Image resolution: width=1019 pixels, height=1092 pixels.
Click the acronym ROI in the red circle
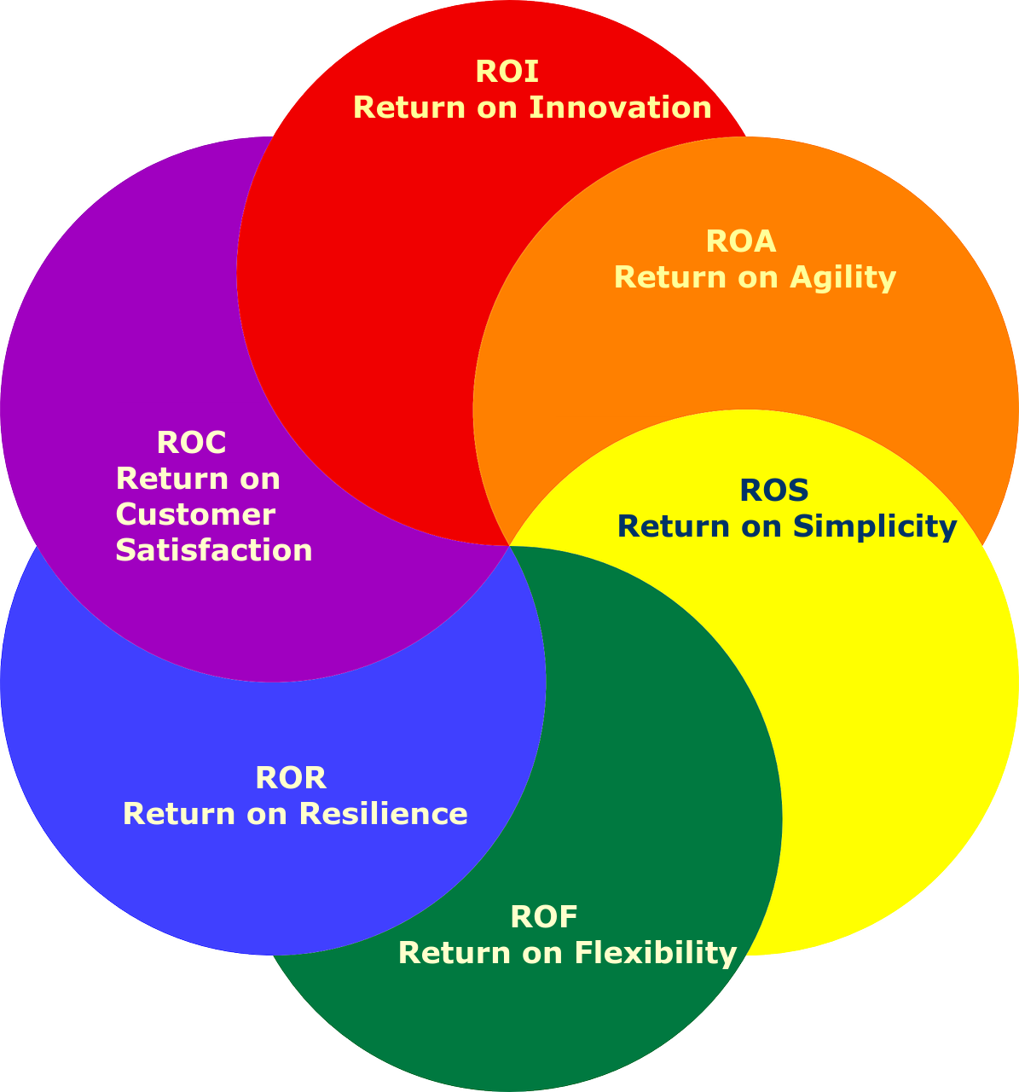coord(507,72)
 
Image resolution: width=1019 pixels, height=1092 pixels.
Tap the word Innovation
coord(620,107)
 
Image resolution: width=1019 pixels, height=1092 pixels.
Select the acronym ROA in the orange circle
coord(741,242)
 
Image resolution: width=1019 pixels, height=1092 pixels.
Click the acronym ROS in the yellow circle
coord(773,491)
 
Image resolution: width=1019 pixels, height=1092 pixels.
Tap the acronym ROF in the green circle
coord(544,917)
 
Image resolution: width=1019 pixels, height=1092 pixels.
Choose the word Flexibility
coord(655,953)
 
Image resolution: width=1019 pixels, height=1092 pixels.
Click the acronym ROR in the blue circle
coord(291,778)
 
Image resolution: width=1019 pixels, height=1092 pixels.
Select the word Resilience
coord(383,814)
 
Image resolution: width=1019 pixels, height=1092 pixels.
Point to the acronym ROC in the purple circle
coord(191,443)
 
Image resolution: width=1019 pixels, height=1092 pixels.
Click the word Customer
coord(195,514)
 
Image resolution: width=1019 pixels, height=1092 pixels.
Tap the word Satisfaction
coord(213,550)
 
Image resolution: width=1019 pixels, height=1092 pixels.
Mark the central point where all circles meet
coord(509,546)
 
